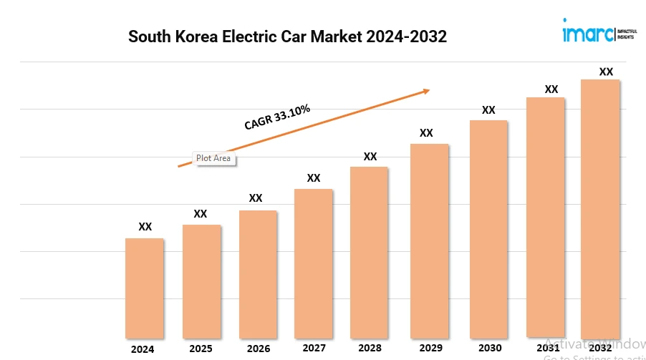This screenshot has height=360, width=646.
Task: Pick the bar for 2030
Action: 488,229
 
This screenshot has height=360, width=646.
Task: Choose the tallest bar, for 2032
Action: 600,208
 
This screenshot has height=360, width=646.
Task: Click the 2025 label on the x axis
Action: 201,349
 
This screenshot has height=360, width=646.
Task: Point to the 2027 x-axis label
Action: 314,349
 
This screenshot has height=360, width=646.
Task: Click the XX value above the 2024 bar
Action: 145,226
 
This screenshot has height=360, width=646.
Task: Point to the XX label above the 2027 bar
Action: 314,177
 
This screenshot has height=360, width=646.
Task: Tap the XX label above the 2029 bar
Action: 426,132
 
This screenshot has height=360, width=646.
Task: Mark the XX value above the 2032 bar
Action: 606,72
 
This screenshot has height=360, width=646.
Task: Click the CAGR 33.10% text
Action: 277,117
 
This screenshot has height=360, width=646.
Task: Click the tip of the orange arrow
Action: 428,90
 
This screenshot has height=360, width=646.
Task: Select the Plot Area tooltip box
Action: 213,157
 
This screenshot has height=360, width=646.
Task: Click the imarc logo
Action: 587,33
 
